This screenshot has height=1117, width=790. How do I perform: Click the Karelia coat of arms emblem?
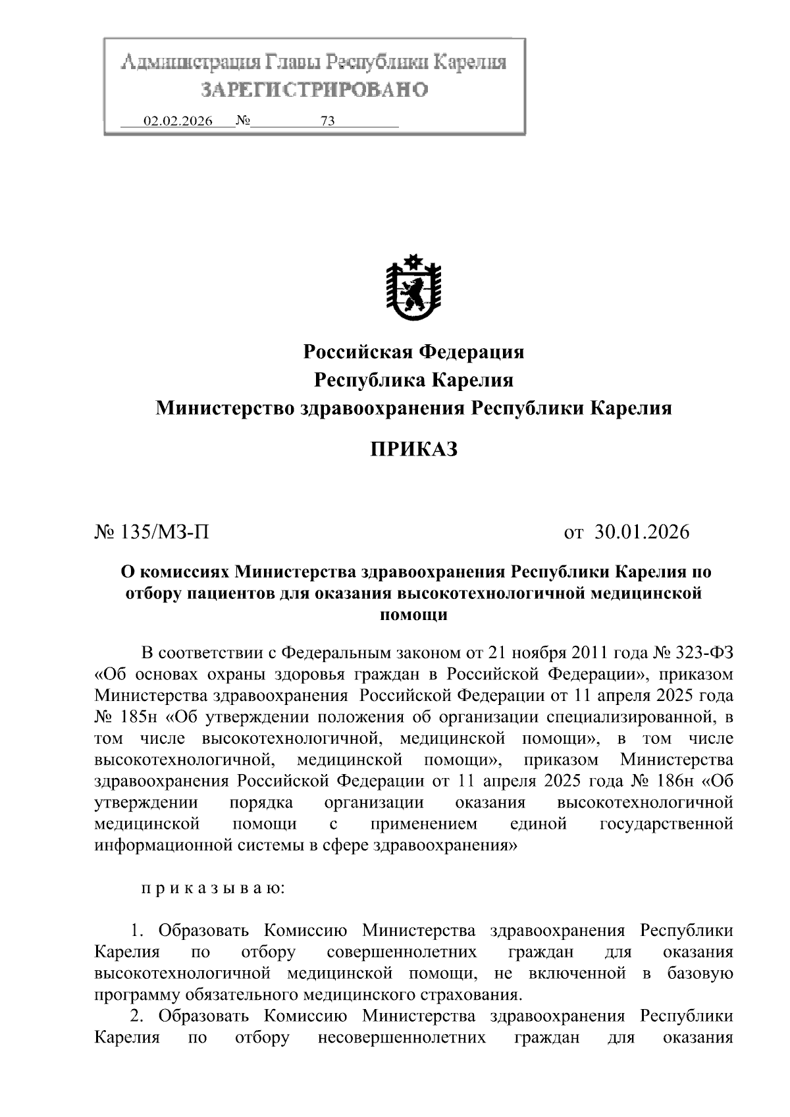[413, 288]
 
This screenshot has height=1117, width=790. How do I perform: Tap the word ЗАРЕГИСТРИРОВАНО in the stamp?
[314, 90]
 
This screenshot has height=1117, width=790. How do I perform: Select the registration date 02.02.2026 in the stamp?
[178, 122]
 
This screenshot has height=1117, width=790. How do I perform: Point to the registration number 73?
[327, 122]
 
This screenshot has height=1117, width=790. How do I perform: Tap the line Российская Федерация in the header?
[413, 352]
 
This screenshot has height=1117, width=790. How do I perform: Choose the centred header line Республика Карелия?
[413, 380]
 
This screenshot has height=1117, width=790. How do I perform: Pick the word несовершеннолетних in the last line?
[402, 1037]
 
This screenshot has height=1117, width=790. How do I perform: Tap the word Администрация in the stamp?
[191, 63]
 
